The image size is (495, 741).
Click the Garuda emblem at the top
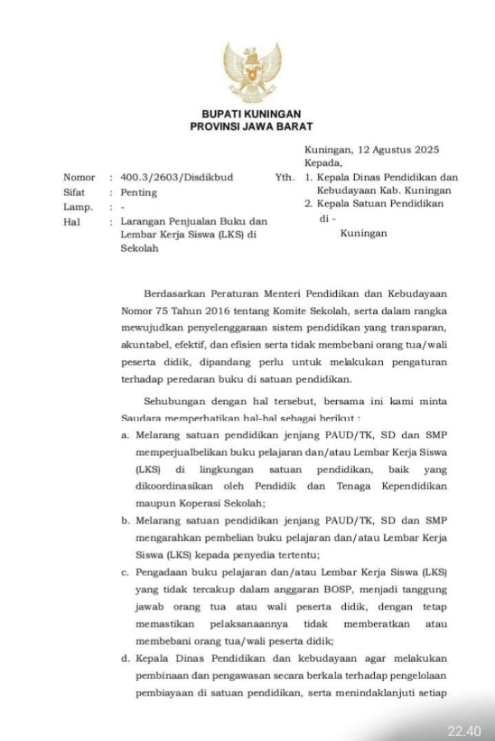252,72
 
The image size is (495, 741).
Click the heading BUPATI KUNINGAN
251,114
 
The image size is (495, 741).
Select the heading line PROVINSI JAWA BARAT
251,127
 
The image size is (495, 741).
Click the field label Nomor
79,177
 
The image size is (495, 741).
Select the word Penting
139,193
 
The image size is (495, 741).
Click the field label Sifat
74,193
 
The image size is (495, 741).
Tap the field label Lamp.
78,207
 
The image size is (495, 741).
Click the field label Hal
71,222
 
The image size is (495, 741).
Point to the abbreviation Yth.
285,177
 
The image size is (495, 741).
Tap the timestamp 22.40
465,731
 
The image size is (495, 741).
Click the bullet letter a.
124,436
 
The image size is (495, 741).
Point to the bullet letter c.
124,572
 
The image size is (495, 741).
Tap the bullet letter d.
125,658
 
